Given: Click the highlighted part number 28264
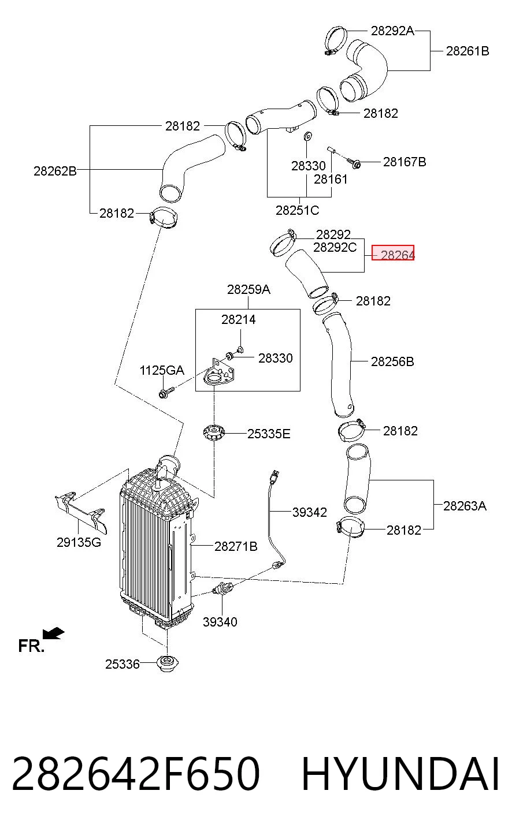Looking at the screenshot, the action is coord(398,255).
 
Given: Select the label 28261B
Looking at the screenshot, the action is coord(468,51).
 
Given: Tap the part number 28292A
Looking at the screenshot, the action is coord(392,31).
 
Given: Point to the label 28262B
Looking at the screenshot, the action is coord(55,171).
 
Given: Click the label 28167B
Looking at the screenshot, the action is coord(405,162).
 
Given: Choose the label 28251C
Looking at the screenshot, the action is coord(297,211).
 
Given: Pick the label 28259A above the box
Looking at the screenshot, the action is coord(248,289).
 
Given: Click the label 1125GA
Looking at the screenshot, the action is coord(162,371).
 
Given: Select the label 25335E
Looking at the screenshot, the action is coord(269,434).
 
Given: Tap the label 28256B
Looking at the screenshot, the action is coord(392,361).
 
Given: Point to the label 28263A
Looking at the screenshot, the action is coord(465,506).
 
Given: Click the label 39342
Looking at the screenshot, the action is coord(310,512).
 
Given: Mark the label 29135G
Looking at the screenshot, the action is coord(79,542).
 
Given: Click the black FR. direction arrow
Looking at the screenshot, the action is coord(54,633).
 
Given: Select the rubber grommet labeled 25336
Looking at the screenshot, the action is coord(167,664).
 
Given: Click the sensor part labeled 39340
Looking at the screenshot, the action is coord(222,589).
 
